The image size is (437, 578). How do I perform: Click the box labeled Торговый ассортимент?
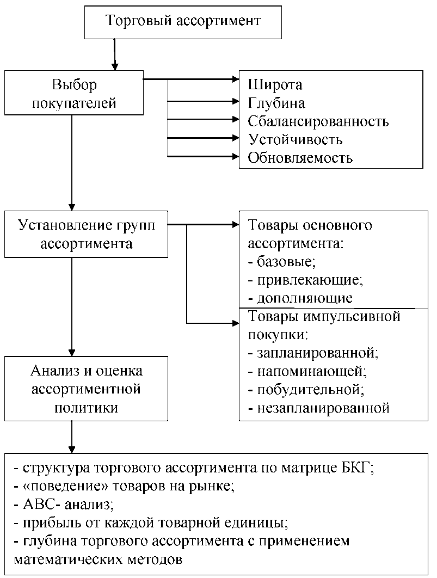click(x=183, y=22)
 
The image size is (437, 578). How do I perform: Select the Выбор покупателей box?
click(x=74, y=94)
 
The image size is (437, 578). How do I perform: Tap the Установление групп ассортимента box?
click(x=86, y=234)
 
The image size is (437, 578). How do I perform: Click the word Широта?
click(x=275, y=85)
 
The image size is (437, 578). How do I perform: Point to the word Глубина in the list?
click(x=276, y=103)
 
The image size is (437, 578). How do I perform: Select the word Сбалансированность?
click(x=318, y=121)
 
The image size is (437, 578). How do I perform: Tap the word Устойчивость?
click(x=295, y=140)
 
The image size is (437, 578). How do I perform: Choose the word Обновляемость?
click(x=300, y=158)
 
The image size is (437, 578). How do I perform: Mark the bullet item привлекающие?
click(x=305, y=280)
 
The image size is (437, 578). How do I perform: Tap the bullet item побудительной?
click(x=306, y=390)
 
